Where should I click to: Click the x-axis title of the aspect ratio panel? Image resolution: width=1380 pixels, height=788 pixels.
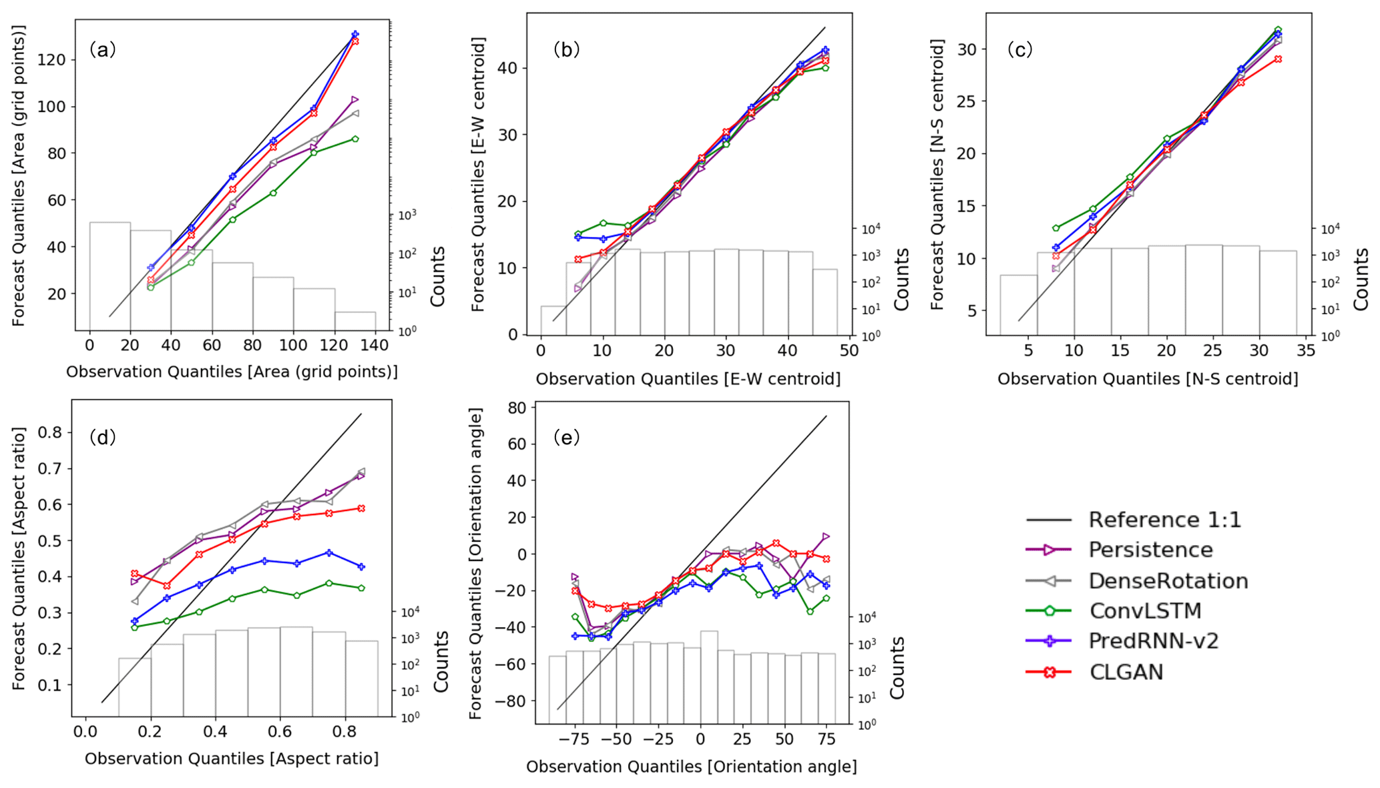(231, 759)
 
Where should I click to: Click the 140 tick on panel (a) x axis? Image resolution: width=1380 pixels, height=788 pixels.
(375, 346)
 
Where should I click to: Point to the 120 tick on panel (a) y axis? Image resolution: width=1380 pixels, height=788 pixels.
(51, 60)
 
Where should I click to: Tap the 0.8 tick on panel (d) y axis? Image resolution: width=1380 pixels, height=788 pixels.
(51, 432)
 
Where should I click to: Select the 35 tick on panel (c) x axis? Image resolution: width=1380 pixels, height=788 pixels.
(1305, 351)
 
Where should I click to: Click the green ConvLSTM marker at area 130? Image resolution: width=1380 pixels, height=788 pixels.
(355, 139)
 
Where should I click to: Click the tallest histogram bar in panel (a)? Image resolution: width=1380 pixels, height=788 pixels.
(110, 276)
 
